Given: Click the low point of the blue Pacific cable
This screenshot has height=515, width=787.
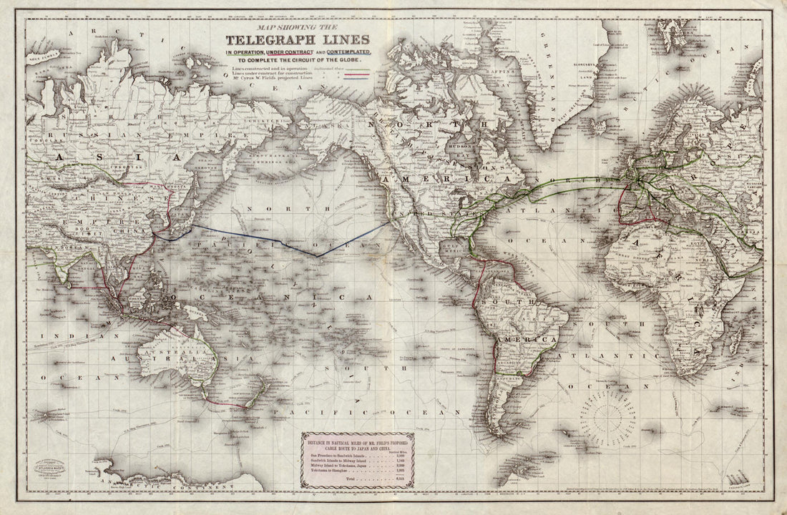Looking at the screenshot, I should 317,255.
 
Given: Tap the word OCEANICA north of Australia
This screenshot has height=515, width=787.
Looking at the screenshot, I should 265,295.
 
